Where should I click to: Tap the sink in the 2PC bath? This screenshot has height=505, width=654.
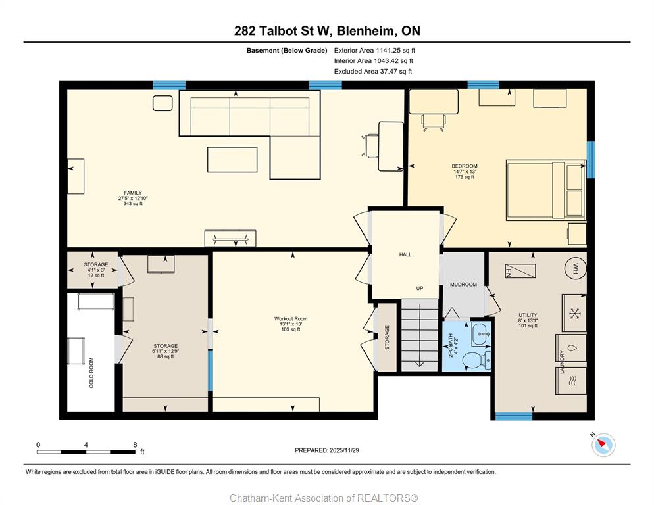pyautogui.click(x=482, y=334)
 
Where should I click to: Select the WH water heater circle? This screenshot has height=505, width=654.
pyautogui.click(x=576, y=267)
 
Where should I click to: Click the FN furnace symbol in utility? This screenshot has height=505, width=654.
pyautogui.click(x=520, y=271)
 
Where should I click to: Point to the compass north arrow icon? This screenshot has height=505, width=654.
pyautogui.click(x=603, y=445)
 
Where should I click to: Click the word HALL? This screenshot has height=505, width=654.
pyautogui.click(x=405, y=254)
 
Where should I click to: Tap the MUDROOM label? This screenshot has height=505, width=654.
pyautogui.click(x=463, y=285)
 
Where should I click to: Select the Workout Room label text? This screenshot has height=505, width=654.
pyautogui.click(x=291, y=319)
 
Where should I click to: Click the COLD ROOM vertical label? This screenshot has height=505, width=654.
pyautogui.click(x=91, y=373)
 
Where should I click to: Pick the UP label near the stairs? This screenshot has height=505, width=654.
pyautogui.click(x=420, y=288)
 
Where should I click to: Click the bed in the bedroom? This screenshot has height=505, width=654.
pyautogui.click(x=546, y=190)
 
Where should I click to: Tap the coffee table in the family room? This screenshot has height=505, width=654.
pyautogui.click(x=232, y=159)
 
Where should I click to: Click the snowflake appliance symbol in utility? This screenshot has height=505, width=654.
pyautogui.click(x=575, y=313)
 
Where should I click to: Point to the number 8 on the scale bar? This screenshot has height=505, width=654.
pyautogui.click(x=135, y=445)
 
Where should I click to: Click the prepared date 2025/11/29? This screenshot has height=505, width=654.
pyautogui.click(x=344, y=450)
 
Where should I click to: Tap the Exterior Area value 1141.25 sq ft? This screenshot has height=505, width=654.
pyautogui.click(x=395, y=51)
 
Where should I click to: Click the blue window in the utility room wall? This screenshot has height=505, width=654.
pyautogui.click(x=514, y=416)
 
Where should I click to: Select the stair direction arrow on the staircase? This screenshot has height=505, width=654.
pyautogui.click(x=420, y=336)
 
